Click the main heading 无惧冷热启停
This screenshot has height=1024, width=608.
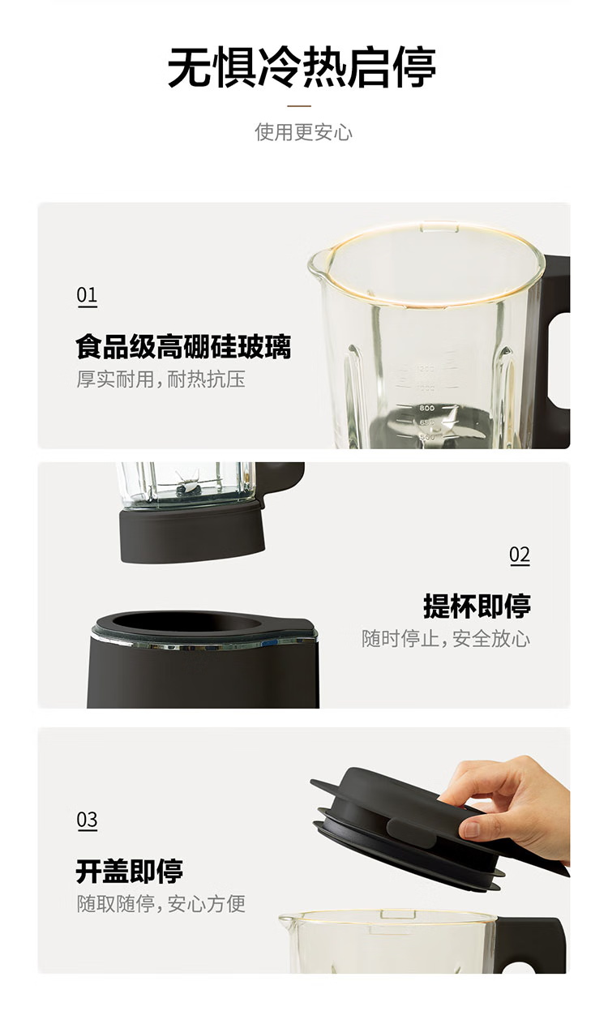pos(302,67)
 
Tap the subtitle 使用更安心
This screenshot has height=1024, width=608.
pos(303,132)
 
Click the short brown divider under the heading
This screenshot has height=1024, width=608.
pos(299,106)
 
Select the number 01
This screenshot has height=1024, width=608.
pos(87,295)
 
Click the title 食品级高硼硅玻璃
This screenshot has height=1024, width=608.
pos(183,347)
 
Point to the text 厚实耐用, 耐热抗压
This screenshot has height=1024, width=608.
pos(161,379)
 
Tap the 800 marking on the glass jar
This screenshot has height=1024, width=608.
pos(426,408)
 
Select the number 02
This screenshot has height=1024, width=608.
pos(520,555)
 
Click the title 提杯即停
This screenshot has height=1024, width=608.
pos(477,606)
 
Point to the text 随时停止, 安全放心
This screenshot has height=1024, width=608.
pos(446,638)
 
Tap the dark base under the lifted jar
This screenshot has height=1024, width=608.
pos(192,533)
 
